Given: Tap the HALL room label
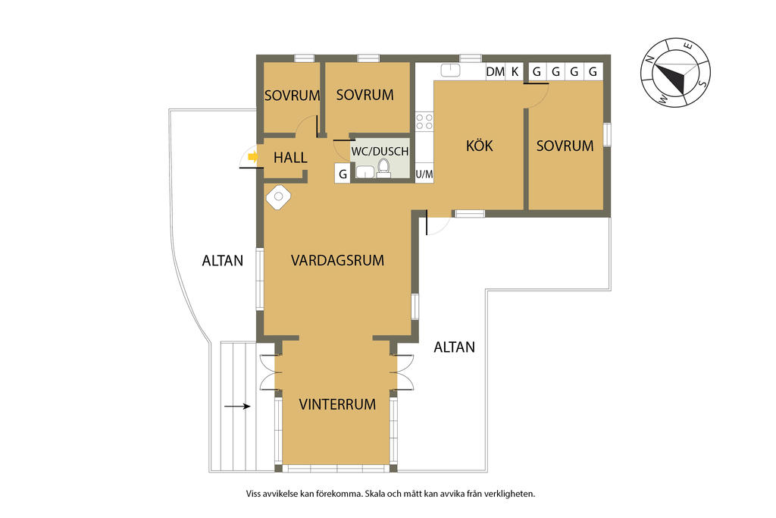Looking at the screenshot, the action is point(290,158).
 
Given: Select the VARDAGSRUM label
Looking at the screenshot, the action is point(337,260).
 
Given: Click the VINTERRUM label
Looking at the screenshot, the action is point(337,404).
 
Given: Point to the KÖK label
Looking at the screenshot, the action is point(480,146).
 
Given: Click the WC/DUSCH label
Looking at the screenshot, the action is point(380,152).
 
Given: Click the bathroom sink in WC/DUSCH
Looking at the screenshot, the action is point(365,172).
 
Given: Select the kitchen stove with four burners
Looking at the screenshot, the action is point(424,121).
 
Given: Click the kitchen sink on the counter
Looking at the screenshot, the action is point(450,71).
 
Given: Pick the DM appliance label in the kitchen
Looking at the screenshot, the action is point(496,72).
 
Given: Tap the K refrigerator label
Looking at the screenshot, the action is point(515,72).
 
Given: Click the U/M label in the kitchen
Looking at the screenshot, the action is point(424,174).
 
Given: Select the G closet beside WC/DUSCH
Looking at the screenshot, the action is point(343,174).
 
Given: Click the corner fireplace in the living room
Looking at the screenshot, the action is point(278,196).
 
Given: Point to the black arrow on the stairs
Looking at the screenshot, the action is point(237,407).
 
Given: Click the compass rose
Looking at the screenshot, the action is point(675,72).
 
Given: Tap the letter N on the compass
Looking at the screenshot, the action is point(651,59).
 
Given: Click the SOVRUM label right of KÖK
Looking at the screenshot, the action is point(565,146).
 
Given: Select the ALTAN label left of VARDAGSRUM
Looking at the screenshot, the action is point(223,260).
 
